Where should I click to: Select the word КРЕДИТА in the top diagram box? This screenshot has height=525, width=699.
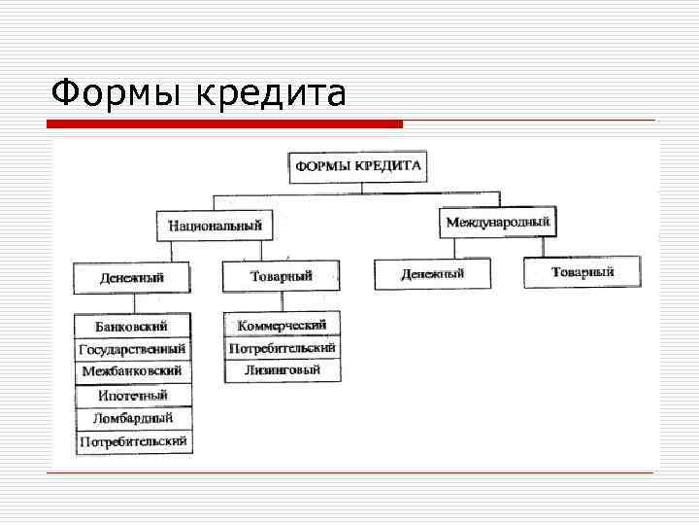(x=389, y=165)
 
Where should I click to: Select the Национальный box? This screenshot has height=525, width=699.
(x=215, y=226)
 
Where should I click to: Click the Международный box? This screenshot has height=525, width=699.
(x=497, y=223)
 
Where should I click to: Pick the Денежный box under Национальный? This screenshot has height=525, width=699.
(x=131, y=278)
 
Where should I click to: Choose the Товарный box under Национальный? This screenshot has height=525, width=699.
(x=281, y=276)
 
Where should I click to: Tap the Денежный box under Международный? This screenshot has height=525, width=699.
(x=432, y=274)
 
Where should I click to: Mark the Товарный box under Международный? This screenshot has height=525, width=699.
(x=582, y=272)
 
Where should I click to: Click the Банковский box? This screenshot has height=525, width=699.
(x=131, y=326)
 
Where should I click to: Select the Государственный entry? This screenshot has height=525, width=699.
(x=132, y=349)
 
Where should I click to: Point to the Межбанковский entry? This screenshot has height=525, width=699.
(x=132, y=372)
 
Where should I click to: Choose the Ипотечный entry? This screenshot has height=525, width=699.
(x=132, y=396)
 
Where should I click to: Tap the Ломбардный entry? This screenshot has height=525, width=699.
(x=133, y=419)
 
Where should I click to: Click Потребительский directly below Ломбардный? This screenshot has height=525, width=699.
(x=133, y=442)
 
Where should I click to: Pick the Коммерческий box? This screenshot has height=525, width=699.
(x=282, y=325)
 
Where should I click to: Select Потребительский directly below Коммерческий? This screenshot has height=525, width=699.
(x=282, y=347)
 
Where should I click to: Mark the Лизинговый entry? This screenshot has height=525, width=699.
(x=282, y=370)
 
